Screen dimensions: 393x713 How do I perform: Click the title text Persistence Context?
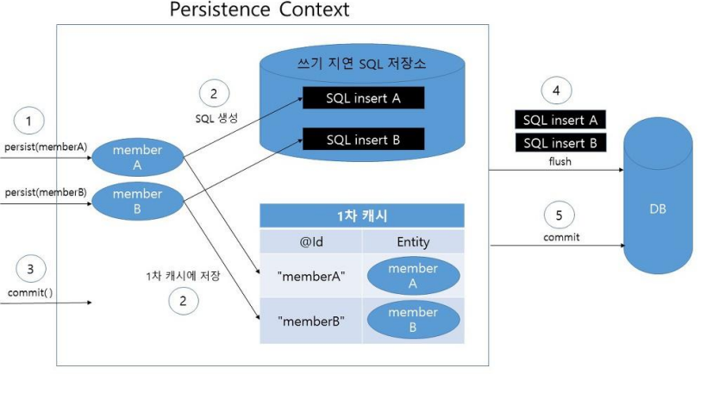(x=259, y=10)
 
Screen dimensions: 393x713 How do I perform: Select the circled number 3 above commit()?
(x=30, y=270)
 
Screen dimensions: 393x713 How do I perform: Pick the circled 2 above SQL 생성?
(x=215, y=94)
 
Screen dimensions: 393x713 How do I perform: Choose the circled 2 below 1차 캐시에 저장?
(x=184, y=301)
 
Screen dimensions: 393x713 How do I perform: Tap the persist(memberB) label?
(x=45, y=192)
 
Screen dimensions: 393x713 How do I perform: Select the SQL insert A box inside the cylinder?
(x=363, y=98)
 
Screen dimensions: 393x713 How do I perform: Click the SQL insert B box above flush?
(x=560, y=143)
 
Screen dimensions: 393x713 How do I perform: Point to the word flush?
(x=560, y=160)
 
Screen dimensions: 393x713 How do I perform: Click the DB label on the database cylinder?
(x=657, y=209)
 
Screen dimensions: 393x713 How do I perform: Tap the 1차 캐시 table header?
(x=362, y=215)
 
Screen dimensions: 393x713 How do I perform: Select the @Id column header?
(x=310, y=241)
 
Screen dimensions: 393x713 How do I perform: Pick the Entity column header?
(x=413, y=241)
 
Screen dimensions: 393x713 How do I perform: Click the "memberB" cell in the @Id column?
(x=310, y=321)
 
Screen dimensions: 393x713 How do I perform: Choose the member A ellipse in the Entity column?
(x=413, y=276)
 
